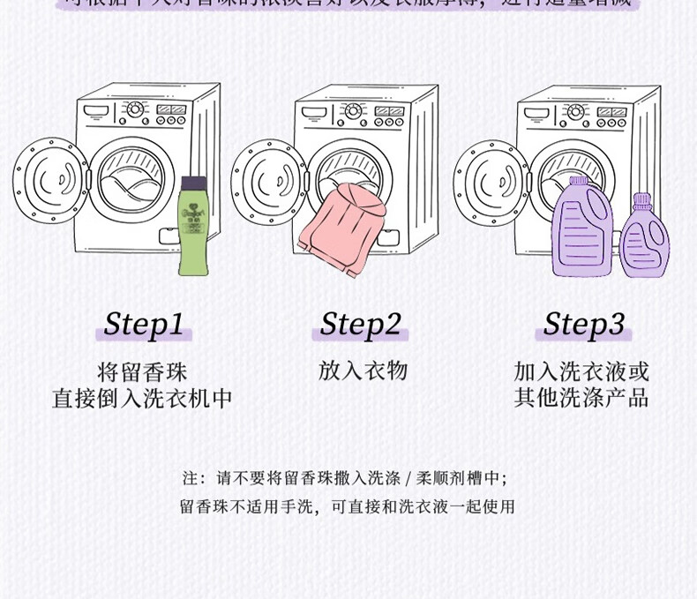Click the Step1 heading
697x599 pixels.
tap(143, 324)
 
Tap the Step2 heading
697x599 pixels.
tap(361, 324)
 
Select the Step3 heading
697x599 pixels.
tap(583, 324)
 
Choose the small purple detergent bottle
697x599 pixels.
tap(644, 238)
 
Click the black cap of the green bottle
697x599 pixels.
tap(193, 183)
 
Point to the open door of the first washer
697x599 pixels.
tap(50, 181)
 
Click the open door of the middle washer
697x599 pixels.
tap(268, 181)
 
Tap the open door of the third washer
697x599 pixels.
tap(491, 181)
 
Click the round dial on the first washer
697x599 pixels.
tap(134, 109)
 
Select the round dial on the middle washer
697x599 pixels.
tap(353, 111)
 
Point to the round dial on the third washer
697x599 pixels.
tap(575, 112)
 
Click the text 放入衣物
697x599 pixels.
tap(363, 371)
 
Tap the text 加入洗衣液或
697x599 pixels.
tap(581, 371)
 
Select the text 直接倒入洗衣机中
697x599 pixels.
tap(142, 399)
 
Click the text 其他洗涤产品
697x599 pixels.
tap(581, 398)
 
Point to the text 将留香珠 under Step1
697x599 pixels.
tap(142, 371)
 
